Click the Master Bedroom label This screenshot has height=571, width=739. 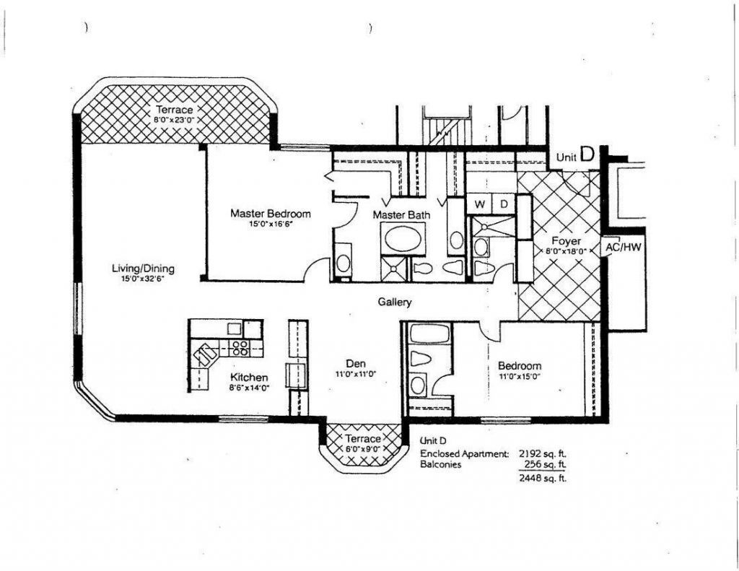(x=271, y=214)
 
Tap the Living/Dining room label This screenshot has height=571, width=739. (x=143, y=269)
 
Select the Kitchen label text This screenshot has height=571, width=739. (x=249, y=378)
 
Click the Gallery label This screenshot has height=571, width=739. (x=395, y=302)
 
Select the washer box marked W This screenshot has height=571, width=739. (x=479, y=204)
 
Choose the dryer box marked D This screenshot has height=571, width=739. (x=504, y=204)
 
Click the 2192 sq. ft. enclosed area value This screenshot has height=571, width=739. (x=543, y=454)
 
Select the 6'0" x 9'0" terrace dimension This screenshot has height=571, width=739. (x=362, y=449)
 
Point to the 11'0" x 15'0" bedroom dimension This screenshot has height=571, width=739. (x=519, y=376)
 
